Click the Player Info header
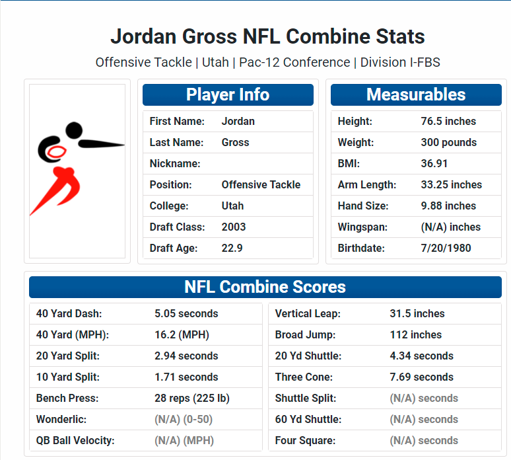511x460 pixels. [228, 95]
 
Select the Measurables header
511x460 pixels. [416, 95]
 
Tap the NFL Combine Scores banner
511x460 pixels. [265, 287]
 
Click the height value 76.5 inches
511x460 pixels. [448, 122]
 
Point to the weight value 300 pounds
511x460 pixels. [448, 143]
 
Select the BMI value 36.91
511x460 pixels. [434, 163]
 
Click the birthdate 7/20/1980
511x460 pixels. [446, 249]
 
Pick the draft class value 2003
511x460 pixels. [233, 227]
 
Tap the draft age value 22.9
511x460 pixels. [232, 249]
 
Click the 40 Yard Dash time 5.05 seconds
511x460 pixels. [186, 313]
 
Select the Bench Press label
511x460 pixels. [67, 399]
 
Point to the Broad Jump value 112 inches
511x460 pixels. [415, 334]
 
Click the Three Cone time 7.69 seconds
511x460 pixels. [421, 377]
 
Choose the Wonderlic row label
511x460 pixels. [61, 419]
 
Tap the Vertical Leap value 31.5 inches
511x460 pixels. [417, 313]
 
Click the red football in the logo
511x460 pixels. [56, 152]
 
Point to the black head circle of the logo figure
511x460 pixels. [74, 130]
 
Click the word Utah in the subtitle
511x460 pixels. [215, 62]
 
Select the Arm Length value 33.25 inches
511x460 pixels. [452, 184]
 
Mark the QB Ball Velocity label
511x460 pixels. [75, 440]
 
